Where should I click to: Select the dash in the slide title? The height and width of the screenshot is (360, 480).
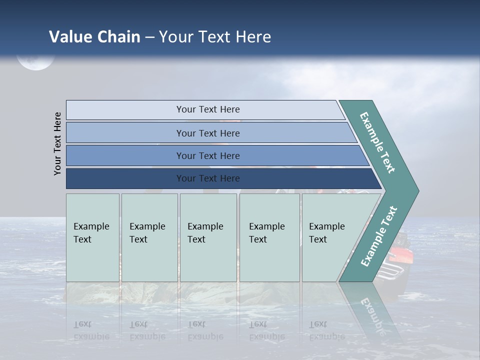tap(149, 37)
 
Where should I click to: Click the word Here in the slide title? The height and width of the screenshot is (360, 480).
tap(253, 37)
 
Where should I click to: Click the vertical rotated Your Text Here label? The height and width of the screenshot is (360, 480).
tap(57, 143)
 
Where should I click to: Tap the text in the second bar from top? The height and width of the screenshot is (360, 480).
tap(207, 133)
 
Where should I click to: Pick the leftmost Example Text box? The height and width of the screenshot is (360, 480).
tap(92, 237)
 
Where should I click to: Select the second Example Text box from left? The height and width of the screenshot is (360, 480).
tap(149, 237)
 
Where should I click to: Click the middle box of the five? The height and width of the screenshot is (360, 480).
tap(208, 237)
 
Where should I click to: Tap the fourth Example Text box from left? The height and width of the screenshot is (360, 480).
tap(269, 237)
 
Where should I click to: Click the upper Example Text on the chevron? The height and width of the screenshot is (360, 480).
tap(377, 142)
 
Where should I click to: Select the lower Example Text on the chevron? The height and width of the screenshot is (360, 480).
tap(379, 236)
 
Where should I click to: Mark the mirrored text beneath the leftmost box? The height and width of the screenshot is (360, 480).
tap(91, 330)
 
